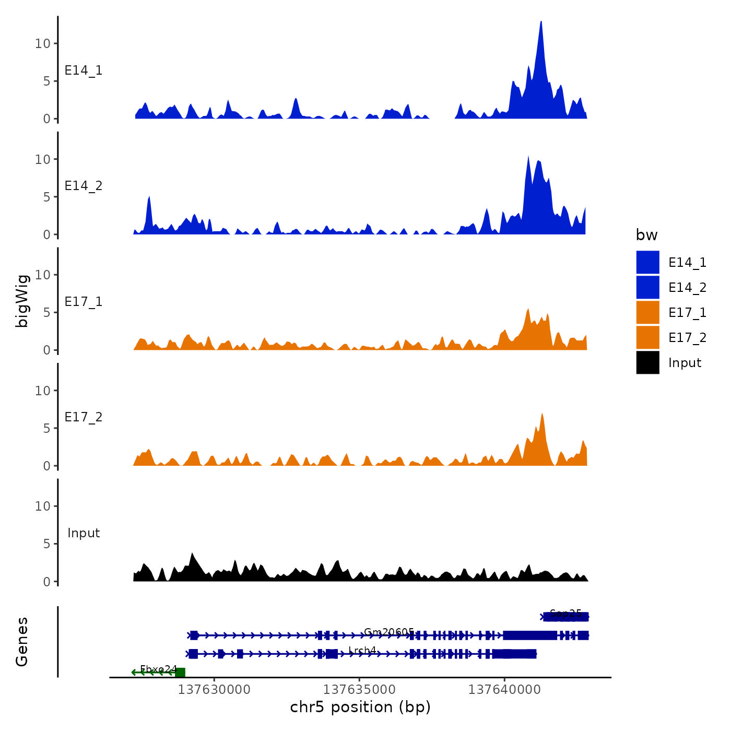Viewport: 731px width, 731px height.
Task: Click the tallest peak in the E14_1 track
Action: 541,23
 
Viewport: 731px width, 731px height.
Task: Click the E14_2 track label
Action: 84,186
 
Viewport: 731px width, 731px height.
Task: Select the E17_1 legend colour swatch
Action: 647,312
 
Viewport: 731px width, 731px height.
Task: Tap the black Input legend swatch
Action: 647,362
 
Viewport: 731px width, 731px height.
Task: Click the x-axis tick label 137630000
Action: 214,690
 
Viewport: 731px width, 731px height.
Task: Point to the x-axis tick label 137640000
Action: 504,690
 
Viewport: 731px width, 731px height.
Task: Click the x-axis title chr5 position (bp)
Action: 360,707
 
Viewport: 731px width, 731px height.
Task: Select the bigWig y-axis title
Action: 22,301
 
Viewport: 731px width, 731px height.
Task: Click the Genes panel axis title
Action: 22,642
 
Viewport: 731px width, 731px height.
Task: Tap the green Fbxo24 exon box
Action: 180,673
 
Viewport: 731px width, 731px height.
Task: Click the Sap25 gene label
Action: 565,613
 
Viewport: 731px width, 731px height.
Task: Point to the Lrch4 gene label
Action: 362,651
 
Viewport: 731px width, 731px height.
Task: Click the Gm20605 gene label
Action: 388,632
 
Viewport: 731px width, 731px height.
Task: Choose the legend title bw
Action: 646,235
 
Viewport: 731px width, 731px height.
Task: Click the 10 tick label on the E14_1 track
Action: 43,44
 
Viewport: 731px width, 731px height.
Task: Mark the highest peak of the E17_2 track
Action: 542,414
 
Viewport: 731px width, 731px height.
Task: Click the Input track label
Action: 84,533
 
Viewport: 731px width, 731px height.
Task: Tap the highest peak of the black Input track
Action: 192,553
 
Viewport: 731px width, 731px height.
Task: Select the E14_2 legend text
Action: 687,288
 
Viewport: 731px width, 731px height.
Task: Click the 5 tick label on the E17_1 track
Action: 47,313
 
